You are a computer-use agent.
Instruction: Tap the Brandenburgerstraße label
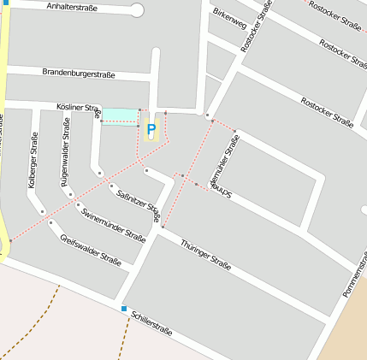click(79, 74)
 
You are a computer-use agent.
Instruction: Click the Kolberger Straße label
click(33, 160)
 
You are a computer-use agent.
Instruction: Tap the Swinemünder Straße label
click(113, 223)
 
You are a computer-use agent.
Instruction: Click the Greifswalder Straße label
click(90, 248)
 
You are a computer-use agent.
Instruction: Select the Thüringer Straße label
click(205, 254)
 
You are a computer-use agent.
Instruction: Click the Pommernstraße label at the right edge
click(354, 279)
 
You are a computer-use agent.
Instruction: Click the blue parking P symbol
click(151, 130)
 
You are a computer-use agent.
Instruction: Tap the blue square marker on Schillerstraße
click(124, 309)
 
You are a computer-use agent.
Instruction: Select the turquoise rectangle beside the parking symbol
click(120, 115)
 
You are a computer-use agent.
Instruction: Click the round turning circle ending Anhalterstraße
click(137, 10)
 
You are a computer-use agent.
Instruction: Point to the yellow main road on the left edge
click(3, 128)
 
